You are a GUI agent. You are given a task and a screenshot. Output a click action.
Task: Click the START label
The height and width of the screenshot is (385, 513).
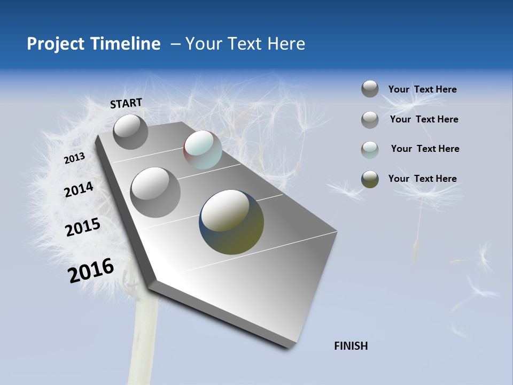pos(126,103)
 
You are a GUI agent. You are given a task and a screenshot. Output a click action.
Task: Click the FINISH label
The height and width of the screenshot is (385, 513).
pos(351,346)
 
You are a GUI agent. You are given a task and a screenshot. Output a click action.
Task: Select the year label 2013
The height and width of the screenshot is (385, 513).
pos(74,158)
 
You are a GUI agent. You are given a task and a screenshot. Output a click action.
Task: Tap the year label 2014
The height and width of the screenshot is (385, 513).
pos(79,189)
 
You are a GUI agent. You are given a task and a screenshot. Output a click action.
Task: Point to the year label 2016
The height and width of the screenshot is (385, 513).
pos(91,270)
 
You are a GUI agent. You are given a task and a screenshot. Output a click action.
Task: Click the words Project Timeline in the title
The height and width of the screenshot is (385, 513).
pos(94,44)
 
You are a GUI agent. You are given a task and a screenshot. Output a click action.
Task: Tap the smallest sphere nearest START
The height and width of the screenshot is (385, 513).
pos(130,132)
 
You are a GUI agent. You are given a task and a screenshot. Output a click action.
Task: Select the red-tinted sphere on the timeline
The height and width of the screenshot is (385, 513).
pos(203,150)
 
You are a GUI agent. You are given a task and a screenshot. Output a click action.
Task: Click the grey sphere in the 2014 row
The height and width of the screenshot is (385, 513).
pos(155,192)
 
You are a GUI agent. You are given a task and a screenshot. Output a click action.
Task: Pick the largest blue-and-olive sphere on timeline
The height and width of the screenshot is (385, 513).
pos(231,222)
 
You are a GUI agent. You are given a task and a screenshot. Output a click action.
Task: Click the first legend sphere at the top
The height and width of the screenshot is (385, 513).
pos(370,89)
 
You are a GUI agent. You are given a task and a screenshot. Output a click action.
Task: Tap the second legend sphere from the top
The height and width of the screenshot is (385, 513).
pos(370,119)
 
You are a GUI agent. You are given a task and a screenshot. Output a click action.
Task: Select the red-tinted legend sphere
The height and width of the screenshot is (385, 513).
pos(370,149)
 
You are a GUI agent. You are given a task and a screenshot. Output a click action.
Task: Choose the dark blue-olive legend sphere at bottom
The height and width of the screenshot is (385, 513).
pos(370,179)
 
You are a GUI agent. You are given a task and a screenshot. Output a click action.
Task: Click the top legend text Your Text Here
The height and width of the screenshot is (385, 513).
pos(422,89)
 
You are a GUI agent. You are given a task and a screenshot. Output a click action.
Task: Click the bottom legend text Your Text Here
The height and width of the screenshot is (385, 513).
pos(422,179)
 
